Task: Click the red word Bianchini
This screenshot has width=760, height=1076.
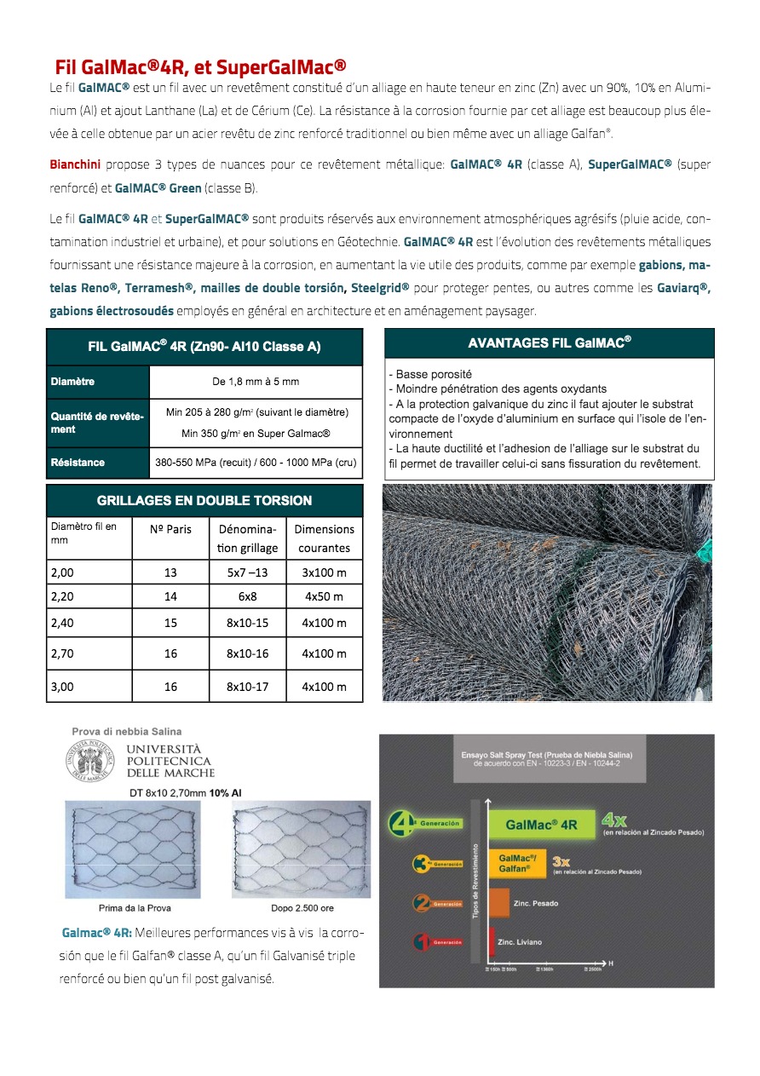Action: pyautogui.click(x=75, y=164)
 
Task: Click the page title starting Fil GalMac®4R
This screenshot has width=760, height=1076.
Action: pyautogui.click(x=200, y=67)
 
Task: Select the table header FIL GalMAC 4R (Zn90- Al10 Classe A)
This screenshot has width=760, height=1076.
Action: pyautogui.click(x=204, y=348)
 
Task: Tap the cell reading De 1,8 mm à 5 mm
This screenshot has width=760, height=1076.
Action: pyautogui.click(x=256, y=382)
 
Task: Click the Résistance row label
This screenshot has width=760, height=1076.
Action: pyautogui.click(x=78, y=463)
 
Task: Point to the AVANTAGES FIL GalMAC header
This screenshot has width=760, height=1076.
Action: pyautogui.click(x=550, y=343)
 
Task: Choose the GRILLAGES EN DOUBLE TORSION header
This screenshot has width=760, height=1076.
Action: pyautogui.click(x=204, y=501)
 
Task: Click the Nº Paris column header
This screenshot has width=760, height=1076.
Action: pyautogui.click(x=170, y=529)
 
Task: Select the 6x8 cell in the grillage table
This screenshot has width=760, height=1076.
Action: pyautogui.click(x=247, y=598)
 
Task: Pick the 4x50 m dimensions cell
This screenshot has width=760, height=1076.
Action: pyautogui.click(x=324, y=598)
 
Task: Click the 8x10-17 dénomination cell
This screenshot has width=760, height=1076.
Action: pyautogui.click(x=247, y=687)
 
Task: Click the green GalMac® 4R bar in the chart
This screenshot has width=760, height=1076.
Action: pyautogui.click(x=542, y=825)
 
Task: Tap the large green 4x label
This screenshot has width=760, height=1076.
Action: pyautogui.click(x=614, y=820)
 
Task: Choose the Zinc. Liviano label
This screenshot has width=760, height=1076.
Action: pyautogui.click(x=520, y=942)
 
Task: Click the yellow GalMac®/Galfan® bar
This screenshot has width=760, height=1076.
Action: pyautogui.click(x=517, y=863)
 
